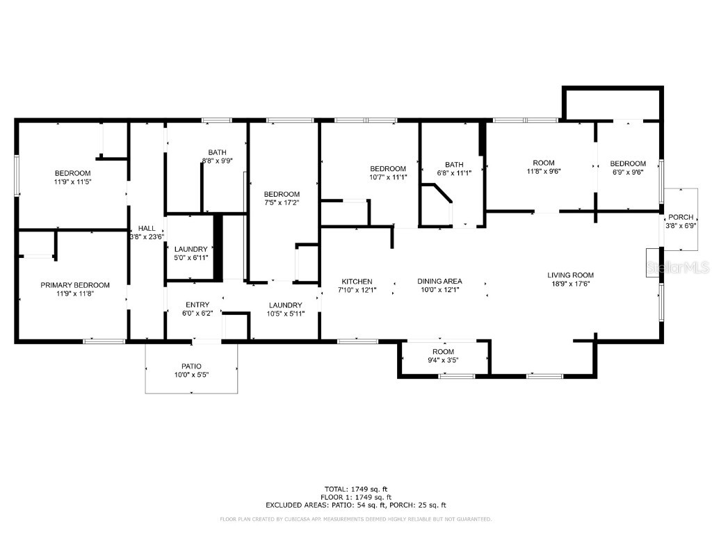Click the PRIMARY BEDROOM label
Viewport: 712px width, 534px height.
click(74, 285)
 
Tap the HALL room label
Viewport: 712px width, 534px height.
click(147, 228)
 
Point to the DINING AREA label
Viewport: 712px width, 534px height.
click(439, 282)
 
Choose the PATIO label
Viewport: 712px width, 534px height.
click(191, 366)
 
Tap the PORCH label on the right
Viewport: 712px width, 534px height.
click(680, 217)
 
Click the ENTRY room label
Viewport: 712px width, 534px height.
click(197, 305)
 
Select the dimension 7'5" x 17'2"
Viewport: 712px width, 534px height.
click(282, 203)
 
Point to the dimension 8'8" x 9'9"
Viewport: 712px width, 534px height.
click(217, 161)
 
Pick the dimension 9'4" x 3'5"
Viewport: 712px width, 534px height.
click(443, 360)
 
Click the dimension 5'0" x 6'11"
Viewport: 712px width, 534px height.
click(191, 258)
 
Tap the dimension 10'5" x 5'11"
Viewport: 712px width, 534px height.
click(285, 314)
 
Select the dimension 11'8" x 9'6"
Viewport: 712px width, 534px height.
click(544, 171)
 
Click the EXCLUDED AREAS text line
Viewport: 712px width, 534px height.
click(356, 505)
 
